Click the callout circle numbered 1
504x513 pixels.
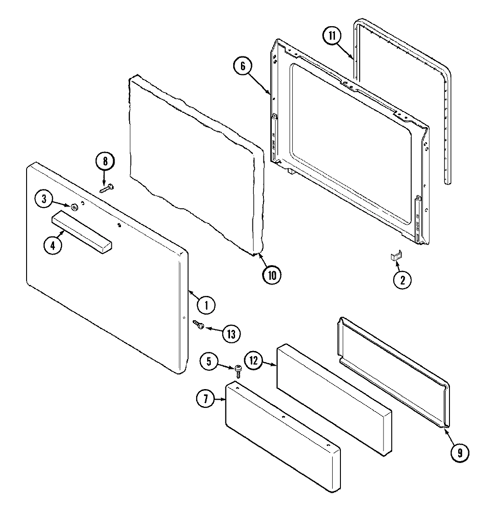tap(207, 304)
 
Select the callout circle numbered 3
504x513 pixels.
tap(44, 199)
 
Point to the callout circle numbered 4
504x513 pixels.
tap(53, 245)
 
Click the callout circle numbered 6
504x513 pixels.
tap(243, 66)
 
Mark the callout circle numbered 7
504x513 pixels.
tap(206, 399)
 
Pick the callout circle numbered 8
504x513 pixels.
tap(105, 161)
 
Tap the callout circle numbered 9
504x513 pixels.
tap(460, 453)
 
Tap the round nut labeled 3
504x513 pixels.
tap(73, 207)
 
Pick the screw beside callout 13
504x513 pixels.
tap(199, 325)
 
